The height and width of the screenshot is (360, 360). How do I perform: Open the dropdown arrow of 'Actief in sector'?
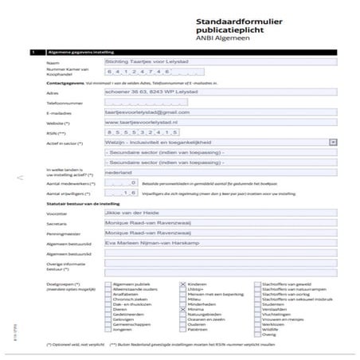[x=332, y=142]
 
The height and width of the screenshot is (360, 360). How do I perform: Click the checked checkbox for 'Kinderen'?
[x=183, y=284]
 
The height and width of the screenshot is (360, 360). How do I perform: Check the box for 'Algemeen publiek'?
[x=109, y=284]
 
